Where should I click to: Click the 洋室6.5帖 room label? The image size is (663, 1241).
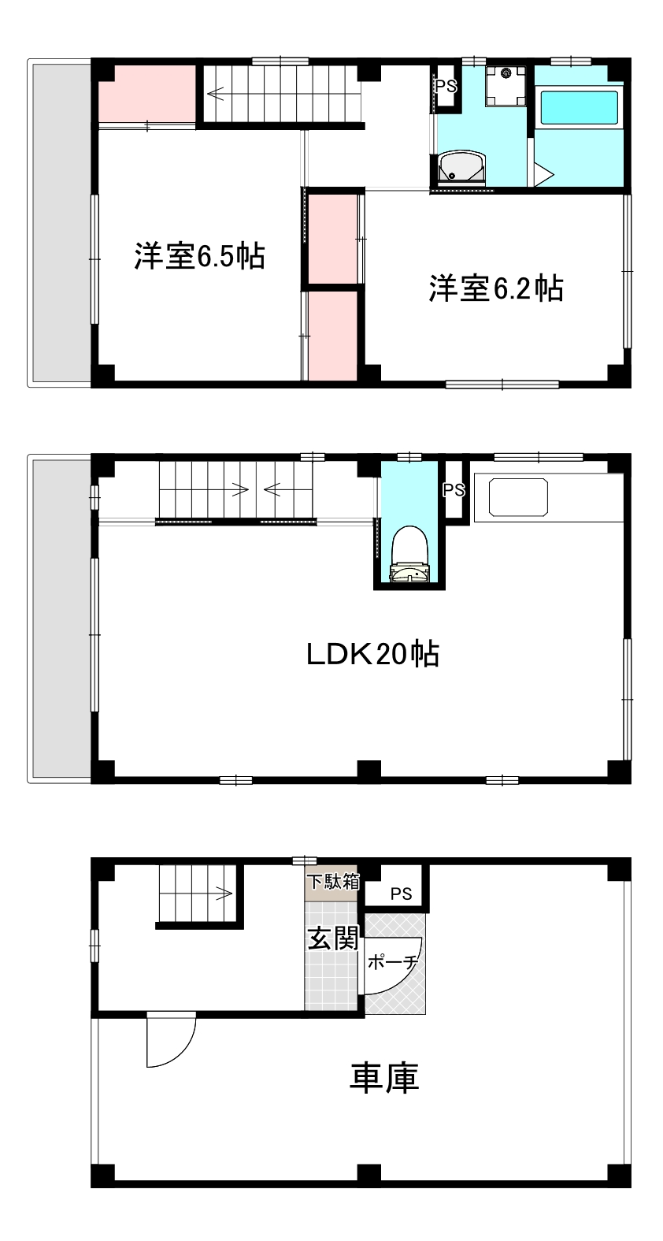[198, 256]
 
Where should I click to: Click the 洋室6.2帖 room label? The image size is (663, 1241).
[495, 288]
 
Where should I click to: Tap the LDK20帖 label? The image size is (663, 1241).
[372, 654]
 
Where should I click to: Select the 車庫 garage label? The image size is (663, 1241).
[383, 1078]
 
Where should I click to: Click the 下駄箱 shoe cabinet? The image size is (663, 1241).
[332, 882]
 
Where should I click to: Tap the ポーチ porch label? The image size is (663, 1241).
[391, 962]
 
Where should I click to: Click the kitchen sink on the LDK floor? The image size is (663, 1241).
[517, 496]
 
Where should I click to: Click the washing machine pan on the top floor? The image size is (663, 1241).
[505, 84]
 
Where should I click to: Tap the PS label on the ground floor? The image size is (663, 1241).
[402, 894]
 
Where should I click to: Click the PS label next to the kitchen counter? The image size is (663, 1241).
[454, 490]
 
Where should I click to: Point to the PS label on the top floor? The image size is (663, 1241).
[446, 87]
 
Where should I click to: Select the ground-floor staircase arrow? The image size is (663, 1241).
[223, 894]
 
